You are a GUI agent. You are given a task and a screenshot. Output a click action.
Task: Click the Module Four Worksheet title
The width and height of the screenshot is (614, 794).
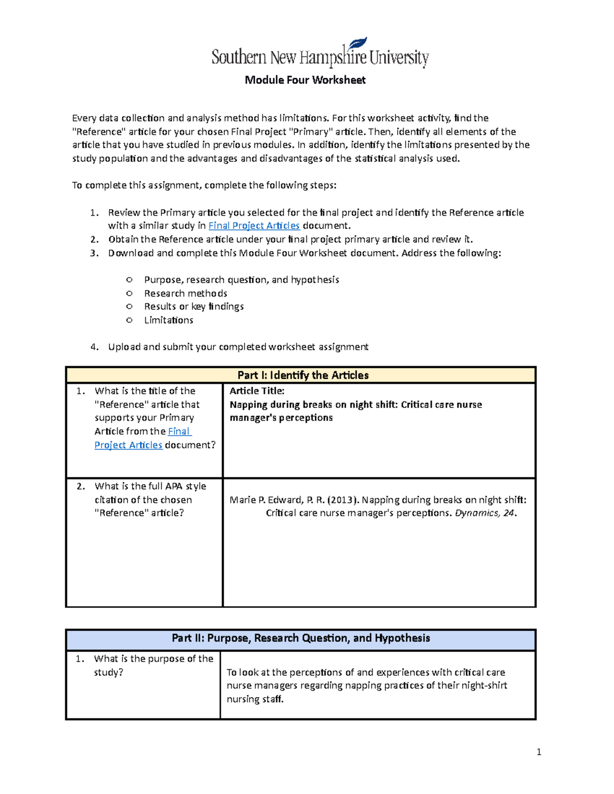pyautogui.click(x=305, y=80)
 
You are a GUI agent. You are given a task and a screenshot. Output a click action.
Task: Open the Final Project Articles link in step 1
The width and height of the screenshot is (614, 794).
pyautogui.click(x=254, y=225)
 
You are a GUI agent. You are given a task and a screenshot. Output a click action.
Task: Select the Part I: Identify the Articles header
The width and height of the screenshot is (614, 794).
pyautogui.click(x=303, y=375)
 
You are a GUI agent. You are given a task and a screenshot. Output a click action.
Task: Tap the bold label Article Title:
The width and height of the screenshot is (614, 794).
pyautogui.click(x=257, y=391)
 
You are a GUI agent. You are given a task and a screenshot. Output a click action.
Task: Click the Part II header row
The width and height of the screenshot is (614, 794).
pyautogui.click(x=301, y=638)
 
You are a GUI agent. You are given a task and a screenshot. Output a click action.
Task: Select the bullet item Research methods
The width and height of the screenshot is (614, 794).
pyautogui.click(x=186, y=293)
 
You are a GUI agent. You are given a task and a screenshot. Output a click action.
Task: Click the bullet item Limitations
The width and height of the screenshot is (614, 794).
pyautogui.click(x=169, y=320)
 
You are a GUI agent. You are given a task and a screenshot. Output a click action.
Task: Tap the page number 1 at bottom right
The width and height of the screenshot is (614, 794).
pyautogui.click(x=539, y=752)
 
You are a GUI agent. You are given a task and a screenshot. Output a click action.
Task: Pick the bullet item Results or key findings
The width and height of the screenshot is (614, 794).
pyautogui.click(x=194, y=306)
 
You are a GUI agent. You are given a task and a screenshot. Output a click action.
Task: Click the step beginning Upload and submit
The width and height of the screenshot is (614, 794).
pyautogui.click(x=238, y=347)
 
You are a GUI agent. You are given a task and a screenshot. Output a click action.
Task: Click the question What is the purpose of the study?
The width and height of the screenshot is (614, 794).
pyautogui.click(x=153, y=665)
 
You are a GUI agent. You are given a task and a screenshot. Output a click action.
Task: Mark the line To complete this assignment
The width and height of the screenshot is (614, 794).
pyautogui.click(x=204, y=185)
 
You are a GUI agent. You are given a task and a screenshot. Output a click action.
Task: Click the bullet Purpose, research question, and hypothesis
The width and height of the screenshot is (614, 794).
pyautogui.click(x=242, y=280)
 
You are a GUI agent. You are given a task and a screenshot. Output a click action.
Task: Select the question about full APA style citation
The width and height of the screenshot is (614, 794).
pyautogui.click(x=150, y=500)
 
